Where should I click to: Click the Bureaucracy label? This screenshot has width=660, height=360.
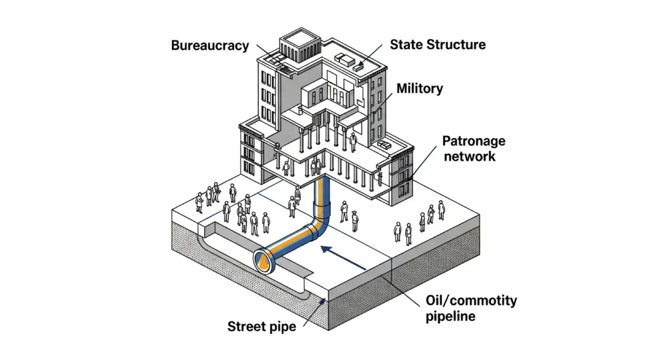pos(210,45)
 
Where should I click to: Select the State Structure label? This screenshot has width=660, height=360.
pos(438,45)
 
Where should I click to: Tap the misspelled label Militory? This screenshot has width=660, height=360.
pos(420,88)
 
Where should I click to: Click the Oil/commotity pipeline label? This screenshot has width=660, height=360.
pos(471,308)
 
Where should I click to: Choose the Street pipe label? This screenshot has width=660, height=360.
pos(261,326)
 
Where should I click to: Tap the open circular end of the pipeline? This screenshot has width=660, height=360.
pos(265,261)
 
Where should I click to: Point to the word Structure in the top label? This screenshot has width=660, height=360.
pos(458,45)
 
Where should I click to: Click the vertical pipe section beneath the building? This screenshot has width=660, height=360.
pos(321,192)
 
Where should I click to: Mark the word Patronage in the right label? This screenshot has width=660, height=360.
pos(474,141)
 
